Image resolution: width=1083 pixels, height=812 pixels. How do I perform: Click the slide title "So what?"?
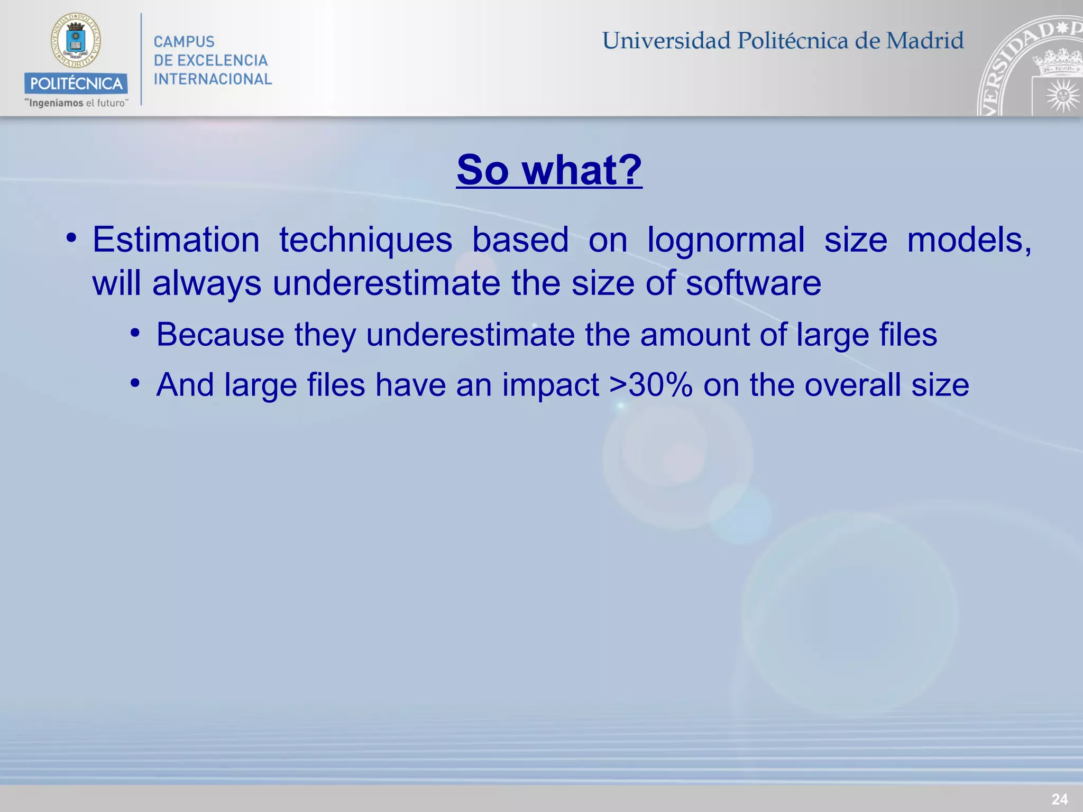[x=549, y=170]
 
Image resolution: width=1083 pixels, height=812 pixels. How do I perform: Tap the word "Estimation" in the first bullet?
[x=176, y=241]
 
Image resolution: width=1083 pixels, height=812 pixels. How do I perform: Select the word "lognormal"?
[x=726, y=241]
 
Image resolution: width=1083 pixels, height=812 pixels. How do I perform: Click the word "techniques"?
[x=366, y=241]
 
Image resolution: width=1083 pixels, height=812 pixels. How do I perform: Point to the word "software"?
[x=754, y=283]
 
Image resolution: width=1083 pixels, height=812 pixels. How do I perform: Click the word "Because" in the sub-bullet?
[x=220, y=335]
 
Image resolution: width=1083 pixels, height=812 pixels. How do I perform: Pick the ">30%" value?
[x=651, y=385]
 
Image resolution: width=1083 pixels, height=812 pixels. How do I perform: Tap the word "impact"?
[x=550, y=385]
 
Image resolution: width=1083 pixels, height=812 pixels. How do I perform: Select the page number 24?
[x=1059, y=799]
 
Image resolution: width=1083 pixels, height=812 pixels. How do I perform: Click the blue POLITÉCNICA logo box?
[x=76, y=84]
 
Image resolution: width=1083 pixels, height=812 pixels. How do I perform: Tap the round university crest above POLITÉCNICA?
[x=76, y=40]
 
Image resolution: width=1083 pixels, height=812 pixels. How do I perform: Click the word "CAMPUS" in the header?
[x=184, y=42]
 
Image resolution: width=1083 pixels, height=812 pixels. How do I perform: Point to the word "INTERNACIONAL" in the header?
[x=213, y=79]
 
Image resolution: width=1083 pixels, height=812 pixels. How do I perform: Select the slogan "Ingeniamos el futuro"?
[x=76, y=103]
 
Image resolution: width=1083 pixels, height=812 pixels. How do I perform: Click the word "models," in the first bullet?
[x=969, y=241]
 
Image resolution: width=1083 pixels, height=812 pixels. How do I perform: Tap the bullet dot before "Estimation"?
[x=71, y=237]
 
